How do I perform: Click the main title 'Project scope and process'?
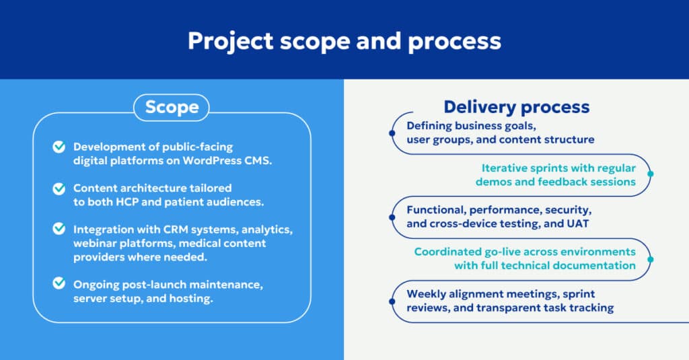344,40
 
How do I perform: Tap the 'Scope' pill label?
172,107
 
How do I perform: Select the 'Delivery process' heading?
516,106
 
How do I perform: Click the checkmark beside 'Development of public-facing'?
59,147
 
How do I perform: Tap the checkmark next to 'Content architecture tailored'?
59,188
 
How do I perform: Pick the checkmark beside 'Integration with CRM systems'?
59,229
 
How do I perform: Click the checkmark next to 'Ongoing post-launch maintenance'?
59,284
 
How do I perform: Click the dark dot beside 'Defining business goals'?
392,133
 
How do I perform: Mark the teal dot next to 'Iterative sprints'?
650,175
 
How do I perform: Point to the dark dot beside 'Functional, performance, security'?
392,217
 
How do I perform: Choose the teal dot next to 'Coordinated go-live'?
650,258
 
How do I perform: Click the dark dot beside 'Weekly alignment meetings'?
392,301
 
